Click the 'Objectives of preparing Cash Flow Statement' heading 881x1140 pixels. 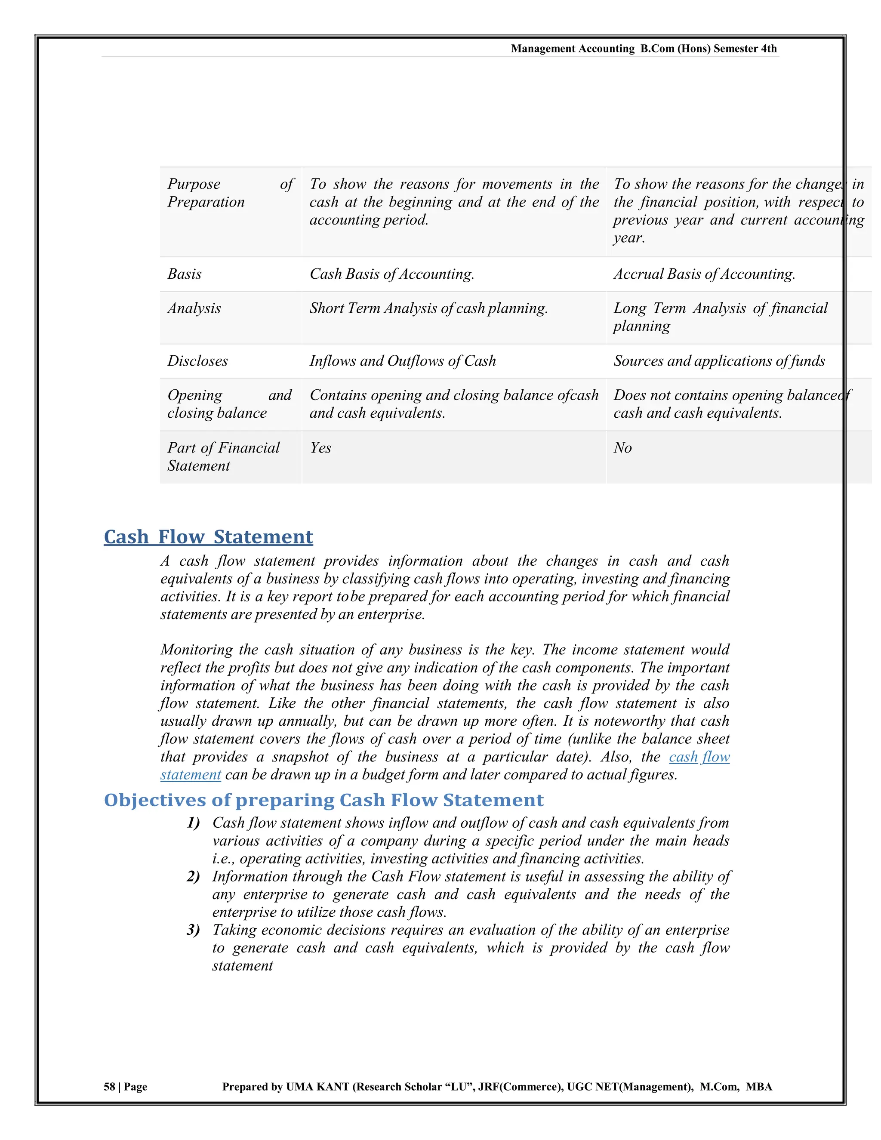(323, 800)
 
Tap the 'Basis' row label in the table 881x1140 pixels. (184, 274)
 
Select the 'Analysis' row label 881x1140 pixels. (194, 308)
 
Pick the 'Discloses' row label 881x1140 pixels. (197, 361)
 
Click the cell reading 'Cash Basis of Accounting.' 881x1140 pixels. (391, 274)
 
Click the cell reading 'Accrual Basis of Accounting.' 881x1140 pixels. (704, 274)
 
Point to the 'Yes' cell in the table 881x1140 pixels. (320, 448)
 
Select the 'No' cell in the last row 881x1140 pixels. (622, 448)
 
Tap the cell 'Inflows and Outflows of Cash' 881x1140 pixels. (402, 361)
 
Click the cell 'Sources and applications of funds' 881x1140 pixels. (719, 361)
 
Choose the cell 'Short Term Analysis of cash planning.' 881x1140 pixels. (428, 308)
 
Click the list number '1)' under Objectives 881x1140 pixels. (193, 823)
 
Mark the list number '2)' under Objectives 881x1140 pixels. (193, 876)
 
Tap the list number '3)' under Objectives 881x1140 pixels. (193, 930)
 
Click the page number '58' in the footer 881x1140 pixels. (109, 1087)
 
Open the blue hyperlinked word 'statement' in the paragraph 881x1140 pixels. (191, 775)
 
